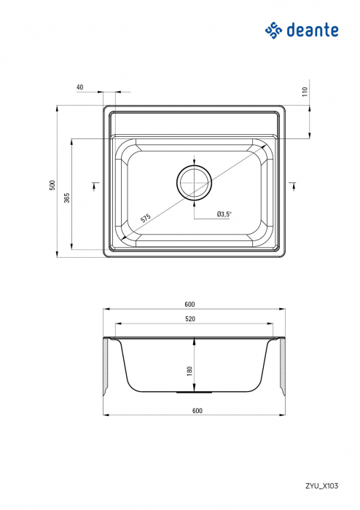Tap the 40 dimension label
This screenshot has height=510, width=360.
click(79, 87)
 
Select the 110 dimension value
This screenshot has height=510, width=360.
click(306, 92)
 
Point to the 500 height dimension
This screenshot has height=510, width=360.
click(52, 186)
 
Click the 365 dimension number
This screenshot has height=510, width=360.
click(66, 198)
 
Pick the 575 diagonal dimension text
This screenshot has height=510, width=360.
click(145, 217)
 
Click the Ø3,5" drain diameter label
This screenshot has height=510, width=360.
click(224, 214)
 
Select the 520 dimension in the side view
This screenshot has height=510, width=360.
click(190, 319)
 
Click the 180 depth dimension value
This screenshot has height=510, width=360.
click(189, 372)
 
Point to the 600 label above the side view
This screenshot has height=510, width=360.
click(190, 304)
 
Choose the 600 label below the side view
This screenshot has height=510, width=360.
click(197, 411)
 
